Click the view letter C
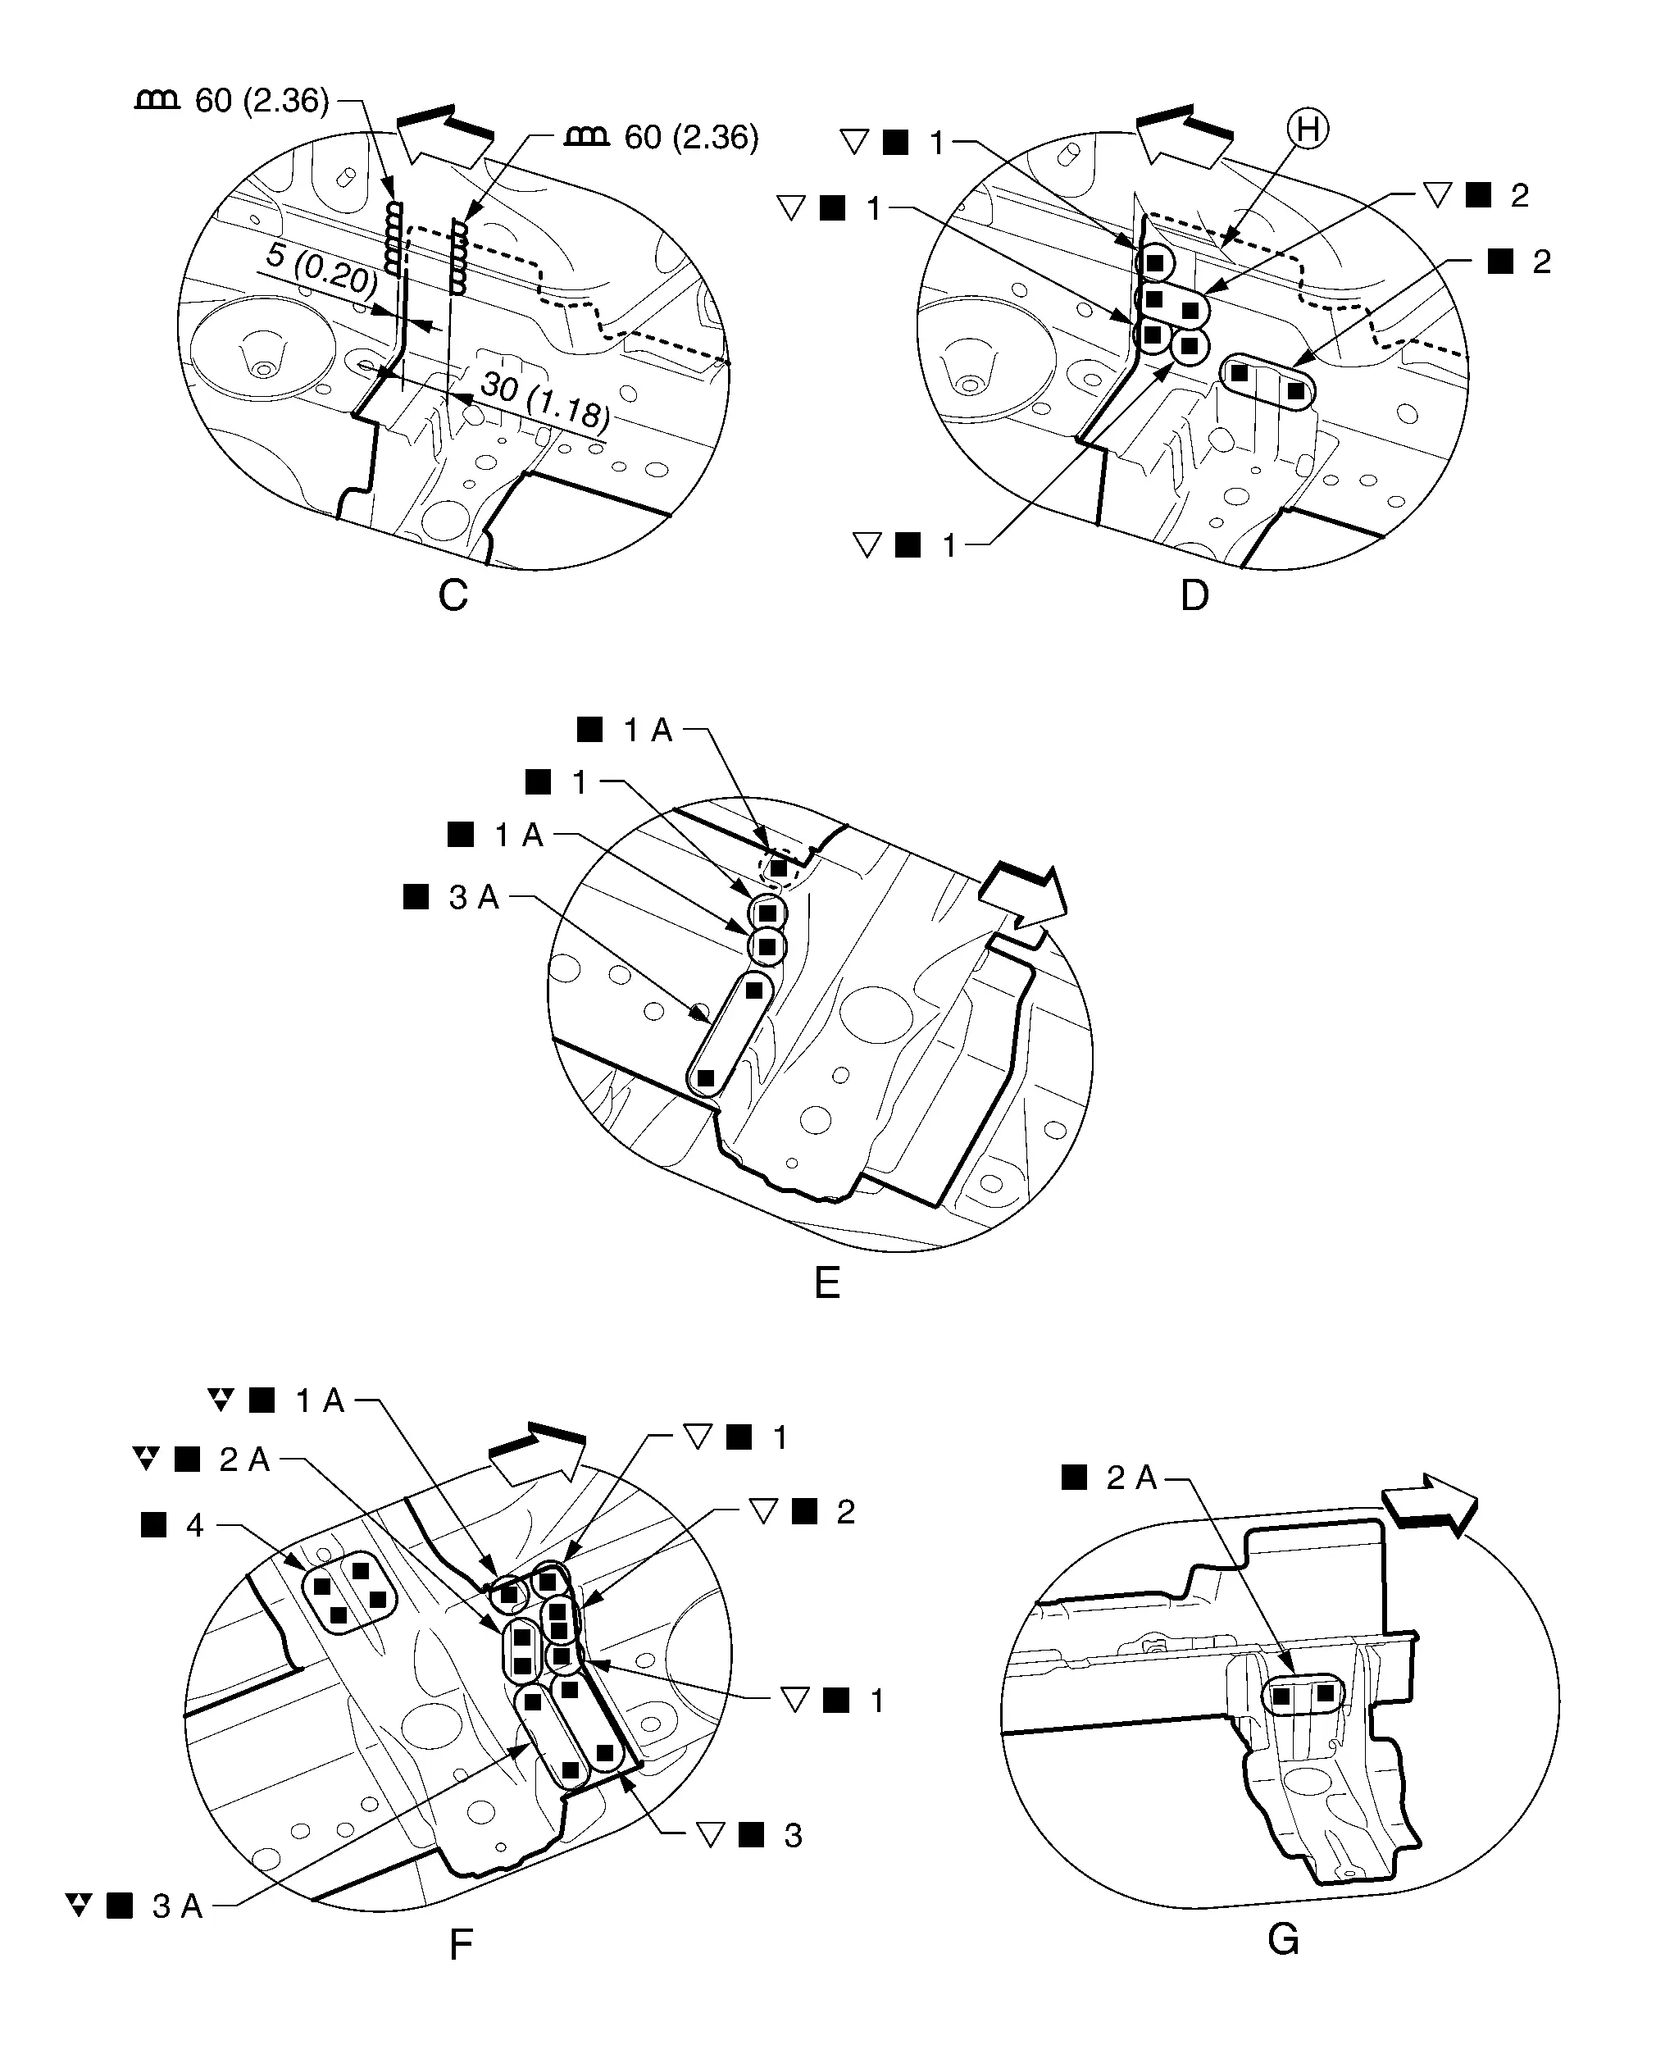pos(453,595)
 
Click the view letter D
pos(1194,595)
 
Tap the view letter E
pos(826,1283)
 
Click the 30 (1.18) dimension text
pos(544,399)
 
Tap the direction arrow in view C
pos(445,134)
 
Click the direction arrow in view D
pos(1184,134)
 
